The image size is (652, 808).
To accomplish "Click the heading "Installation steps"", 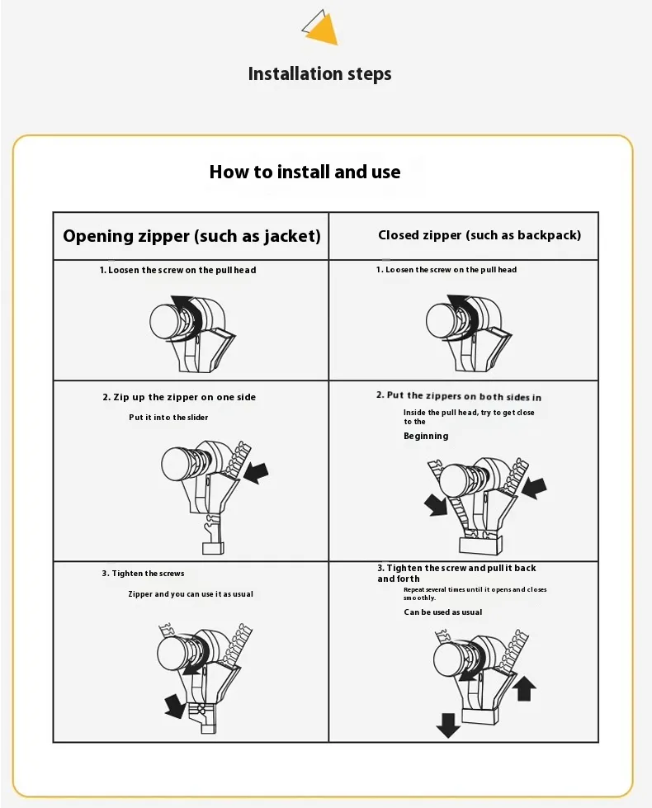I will tap(320, 74).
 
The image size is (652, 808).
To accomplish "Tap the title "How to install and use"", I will tap(305, 172).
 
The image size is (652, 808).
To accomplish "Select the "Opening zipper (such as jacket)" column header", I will tap(191, 236).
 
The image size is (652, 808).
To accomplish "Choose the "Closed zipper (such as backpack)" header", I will tap(480, 235).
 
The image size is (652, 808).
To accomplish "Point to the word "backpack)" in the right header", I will tap(552, 235).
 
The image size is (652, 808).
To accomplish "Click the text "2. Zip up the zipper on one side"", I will tap(179, 397).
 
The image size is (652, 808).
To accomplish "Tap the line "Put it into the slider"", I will tap(168, 418).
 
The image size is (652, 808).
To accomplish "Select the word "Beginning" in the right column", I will tap(426, 436).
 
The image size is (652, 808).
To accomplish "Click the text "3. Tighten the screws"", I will tap(143, 573).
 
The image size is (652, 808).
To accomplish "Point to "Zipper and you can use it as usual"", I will tap(191, 594).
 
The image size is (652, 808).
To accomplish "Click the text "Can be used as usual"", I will tap(443, 612).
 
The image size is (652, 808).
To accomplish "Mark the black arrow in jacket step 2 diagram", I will tap(257, 473).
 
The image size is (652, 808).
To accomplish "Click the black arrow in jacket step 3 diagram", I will tap(175, 706).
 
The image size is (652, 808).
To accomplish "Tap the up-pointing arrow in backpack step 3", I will tap(525, 688).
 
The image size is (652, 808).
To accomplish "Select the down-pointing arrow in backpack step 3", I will tap(448, 725).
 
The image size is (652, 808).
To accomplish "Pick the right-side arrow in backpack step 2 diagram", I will tap(534, 486).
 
